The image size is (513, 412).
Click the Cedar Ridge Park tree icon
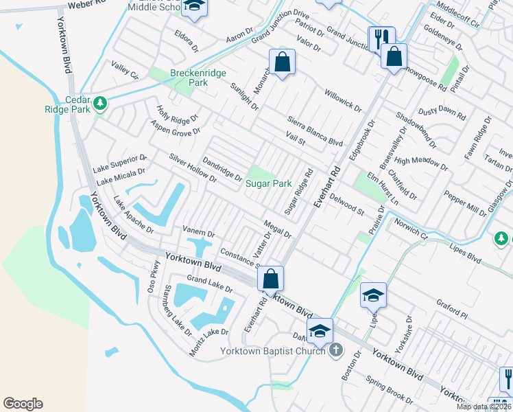pyautogui.click(x=100, y=104)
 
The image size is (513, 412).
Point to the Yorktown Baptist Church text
pyautogui.click(x=273, y=351)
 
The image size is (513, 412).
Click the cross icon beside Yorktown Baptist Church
pyautogui.click(x=335, y=351)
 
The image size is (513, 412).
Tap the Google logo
pyautogui.click(x=23, y=403)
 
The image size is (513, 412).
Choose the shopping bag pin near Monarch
pyautogui.click(x=282, y=62)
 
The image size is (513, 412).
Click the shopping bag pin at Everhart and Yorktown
pyautogui.click(x=271, y=279)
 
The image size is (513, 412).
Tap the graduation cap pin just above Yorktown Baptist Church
pyautogui.click(x=320, y=331)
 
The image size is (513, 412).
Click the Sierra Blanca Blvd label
pyautogui.click(x=314, y=128)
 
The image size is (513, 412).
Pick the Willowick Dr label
pyautogui.click(x=342, y=100)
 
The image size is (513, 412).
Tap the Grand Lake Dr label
pyautogui.click(x=210, y=284)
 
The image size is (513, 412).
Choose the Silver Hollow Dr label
pyautogui.click(x=193, y=168)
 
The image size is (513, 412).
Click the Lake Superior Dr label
pyautogui.click(x=119, y=163)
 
